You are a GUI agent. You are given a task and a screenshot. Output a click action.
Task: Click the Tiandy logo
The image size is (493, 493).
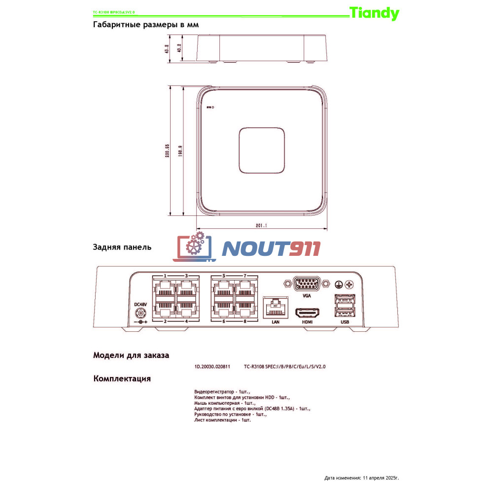coord(374,13)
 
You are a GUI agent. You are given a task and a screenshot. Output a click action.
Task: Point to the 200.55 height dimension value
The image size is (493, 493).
coord(168,151)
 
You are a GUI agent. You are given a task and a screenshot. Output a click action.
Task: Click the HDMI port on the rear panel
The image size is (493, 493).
coord(307,313)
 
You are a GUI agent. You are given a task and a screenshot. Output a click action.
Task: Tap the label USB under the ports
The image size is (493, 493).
coord(345,322)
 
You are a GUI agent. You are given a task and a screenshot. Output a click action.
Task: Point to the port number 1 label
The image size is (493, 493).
coord(165,276)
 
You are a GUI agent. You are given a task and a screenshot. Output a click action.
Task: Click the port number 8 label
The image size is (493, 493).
coord(245,321)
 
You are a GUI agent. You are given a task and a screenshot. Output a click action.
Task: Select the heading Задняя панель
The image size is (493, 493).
coord(122,247)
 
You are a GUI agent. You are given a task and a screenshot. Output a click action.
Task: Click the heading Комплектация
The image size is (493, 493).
coord(122,379)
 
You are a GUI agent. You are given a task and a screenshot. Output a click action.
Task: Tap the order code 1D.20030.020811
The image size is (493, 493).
coord(212,367)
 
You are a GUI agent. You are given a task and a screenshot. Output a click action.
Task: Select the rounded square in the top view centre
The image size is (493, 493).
coord(262,150)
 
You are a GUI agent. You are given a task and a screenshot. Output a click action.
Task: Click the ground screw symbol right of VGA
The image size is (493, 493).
coord(339,284)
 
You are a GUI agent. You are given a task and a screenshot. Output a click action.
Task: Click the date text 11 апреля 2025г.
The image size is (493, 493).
coord(380,478)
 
